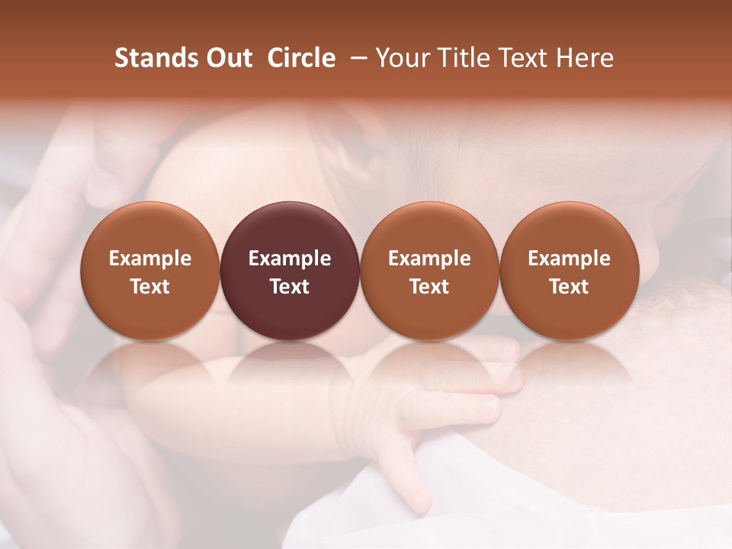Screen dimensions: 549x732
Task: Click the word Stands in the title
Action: [156, 58]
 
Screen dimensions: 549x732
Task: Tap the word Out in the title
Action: [228, 58]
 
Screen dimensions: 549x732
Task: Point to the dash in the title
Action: [356, 58]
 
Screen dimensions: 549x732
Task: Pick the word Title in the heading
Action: [461, 58]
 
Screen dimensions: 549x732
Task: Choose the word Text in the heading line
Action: [520, 58]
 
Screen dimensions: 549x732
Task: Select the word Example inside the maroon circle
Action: [290, 258]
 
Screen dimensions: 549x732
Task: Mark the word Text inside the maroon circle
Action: [290, 287]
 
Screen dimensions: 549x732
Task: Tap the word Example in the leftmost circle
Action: [150, 258]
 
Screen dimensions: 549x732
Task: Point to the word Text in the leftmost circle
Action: [150, 287]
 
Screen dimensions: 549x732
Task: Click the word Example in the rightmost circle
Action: [569, 258]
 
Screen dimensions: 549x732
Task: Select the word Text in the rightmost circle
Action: [569, 287]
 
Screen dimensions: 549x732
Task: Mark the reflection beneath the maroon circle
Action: [290, 366]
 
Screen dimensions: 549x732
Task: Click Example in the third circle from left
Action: [429, 258]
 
